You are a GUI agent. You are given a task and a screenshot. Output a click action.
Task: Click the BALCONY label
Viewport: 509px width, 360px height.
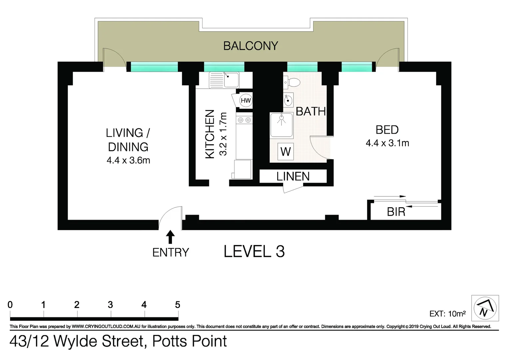pyautogui.click(x=251, y=46)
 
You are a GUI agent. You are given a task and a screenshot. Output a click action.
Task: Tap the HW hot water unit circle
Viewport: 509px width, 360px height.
pyautogui.click(x=246, y=101)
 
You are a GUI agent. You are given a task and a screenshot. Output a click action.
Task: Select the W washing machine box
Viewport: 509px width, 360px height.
pyautogui.click(x=285, y=152)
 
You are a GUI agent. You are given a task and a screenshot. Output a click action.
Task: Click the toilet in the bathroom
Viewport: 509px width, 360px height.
pyautogui.click(x=292, y=82)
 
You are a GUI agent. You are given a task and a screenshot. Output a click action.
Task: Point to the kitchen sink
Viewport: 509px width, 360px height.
pyautogui.click(x=224, y=80)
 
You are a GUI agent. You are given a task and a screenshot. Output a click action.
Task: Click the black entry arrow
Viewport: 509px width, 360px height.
pyautogui.click(x=170, y=237)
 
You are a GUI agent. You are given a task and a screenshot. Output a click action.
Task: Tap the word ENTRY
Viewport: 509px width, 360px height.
pyautogui.click(x=171, y=253)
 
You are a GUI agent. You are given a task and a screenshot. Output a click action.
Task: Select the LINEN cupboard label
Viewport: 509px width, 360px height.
pyautogui.click(x=293, y=176)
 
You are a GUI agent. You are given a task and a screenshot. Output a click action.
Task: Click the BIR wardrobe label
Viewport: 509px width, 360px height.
pyautogui.click(x=396, y=212)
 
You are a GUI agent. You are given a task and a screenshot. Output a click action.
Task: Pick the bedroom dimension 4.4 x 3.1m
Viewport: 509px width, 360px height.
pyautogui.click(x=387, y=143)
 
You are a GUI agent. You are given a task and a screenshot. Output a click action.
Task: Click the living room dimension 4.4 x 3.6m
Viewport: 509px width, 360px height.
pyautogui.click(x=128, y=160)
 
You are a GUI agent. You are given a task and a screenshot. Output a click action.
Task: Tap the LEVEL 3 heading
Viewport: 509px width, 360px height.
pyautogui.click(x=254, y=251)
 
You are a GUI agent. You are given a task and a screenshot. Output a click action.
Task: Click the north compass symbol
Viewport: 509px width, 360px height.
pyautogui.click(x=485, y=308)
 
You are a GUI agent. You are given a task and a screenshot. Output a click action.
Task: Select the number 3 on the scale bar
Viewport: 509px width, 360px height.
pyautogui.click(x=110, y=305)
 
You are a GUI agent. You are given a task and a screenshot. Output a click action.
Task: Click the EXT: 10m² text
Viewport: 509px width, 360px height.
pyautogui.click(x=447, y=314)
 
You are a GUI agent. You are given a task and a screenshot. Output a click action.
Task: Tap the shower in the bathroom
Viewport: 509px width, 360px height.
pyautogui.click(x=281, y=125)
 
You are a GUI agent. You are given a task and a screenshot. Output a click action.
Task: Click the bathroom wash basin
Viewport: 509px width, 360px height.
pyautogui.click(x=288, y=100)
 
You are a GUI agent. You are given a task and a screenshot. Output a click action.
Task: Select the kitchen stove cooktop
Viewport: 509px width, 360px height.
pyautogui.click(x=244, y=120)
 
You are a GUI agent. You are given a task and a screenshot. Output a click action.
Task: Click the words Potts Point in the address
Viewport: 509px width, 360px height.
pyautogui.click(x=190, y=341)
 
